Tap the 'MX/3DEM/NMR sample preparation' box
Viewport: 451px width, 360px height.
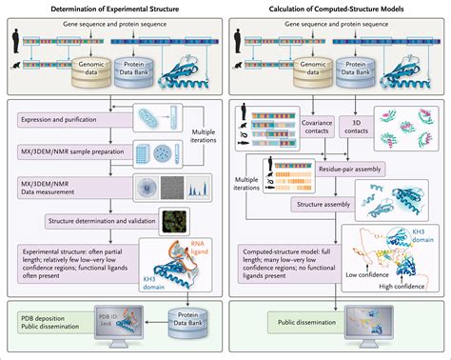tap(78, 150)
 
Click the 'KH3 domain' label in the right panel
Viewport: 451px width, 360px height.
tap(423, 234)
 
